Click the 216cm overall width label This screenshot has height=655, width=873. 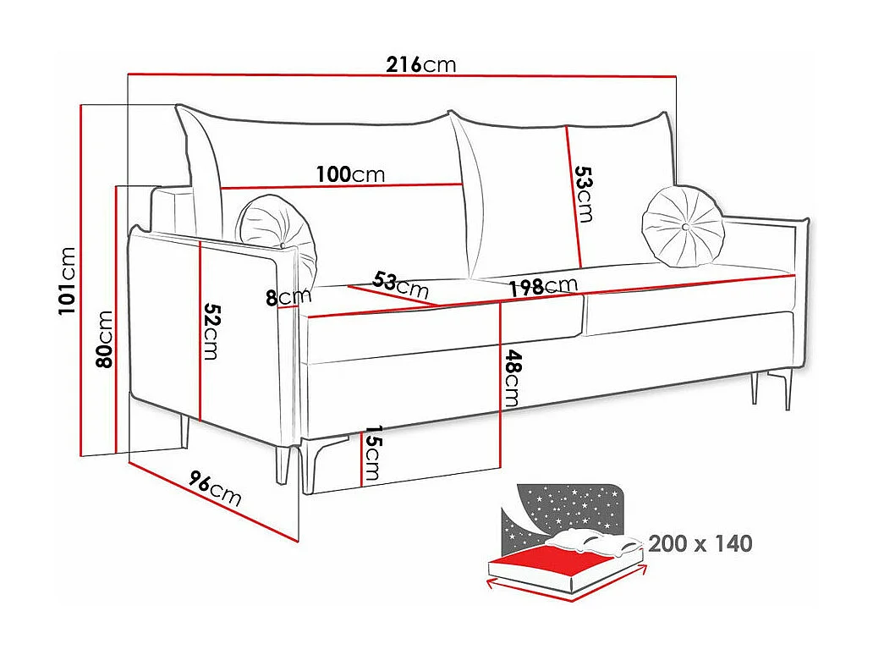click(x=420, y=64)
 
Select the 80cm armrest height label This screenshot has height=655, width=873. click(x=104, y=339)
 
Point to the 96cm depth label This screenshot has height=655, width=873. click(x=214, y=490)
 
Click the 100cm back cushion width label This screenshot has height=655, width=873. click(x=350, y=175)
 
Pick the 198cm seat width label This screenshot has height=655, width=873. click(x=543, y=287)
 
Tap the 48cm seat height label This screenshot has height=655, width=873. click(x=512, y=379)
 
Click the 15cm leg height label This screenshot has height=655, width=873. click(x=372, y=455)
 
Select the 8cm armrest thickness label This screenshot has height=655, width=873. click(x=288, y=297)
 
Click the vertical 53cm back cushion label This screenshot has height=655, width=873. click(x=583, y=194)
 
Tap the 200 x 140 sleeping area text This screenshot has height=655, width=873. click(x=700, y=543)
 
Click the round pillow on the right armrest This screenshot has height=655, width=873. click(x=684, y=225)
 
